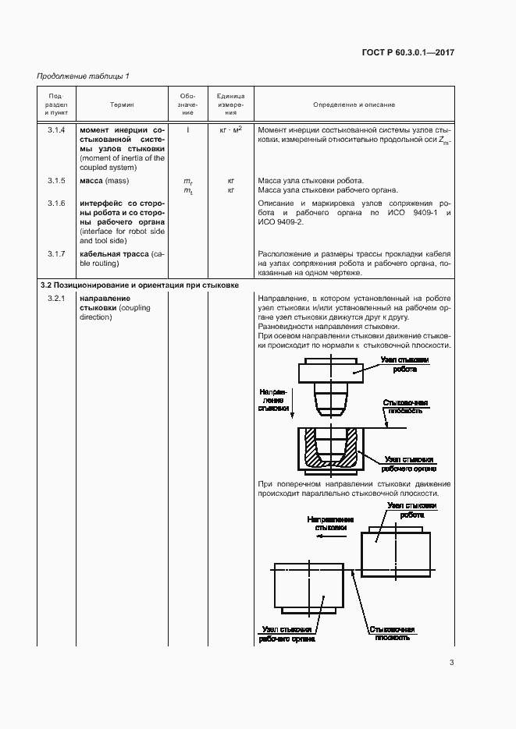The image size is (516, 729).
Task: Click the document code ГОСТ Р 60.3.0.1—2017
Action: (x=408, y=52)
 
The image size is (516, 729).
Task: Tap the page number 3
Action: (x=451, y=664)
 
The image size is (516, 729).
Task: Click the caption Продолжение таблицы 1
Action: (x=84, y=76)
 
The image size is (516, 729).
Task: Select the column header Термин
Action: (x=121, y=104)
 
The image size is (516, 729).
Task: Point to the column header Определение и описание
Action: (x=354, y=104)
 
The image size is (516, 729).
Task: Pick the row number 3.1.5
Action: (x=56, y=181)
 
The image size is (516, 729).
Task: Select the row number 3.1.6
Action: (x=56, y=203)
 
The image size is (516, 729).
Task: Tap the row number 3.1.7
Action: (x=56, y=254)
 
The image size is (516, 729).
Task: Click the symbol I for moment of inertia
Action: (x=187, y=129)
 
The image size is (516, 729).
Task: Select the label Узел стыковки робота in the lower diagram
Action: (x=411, y=511)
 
